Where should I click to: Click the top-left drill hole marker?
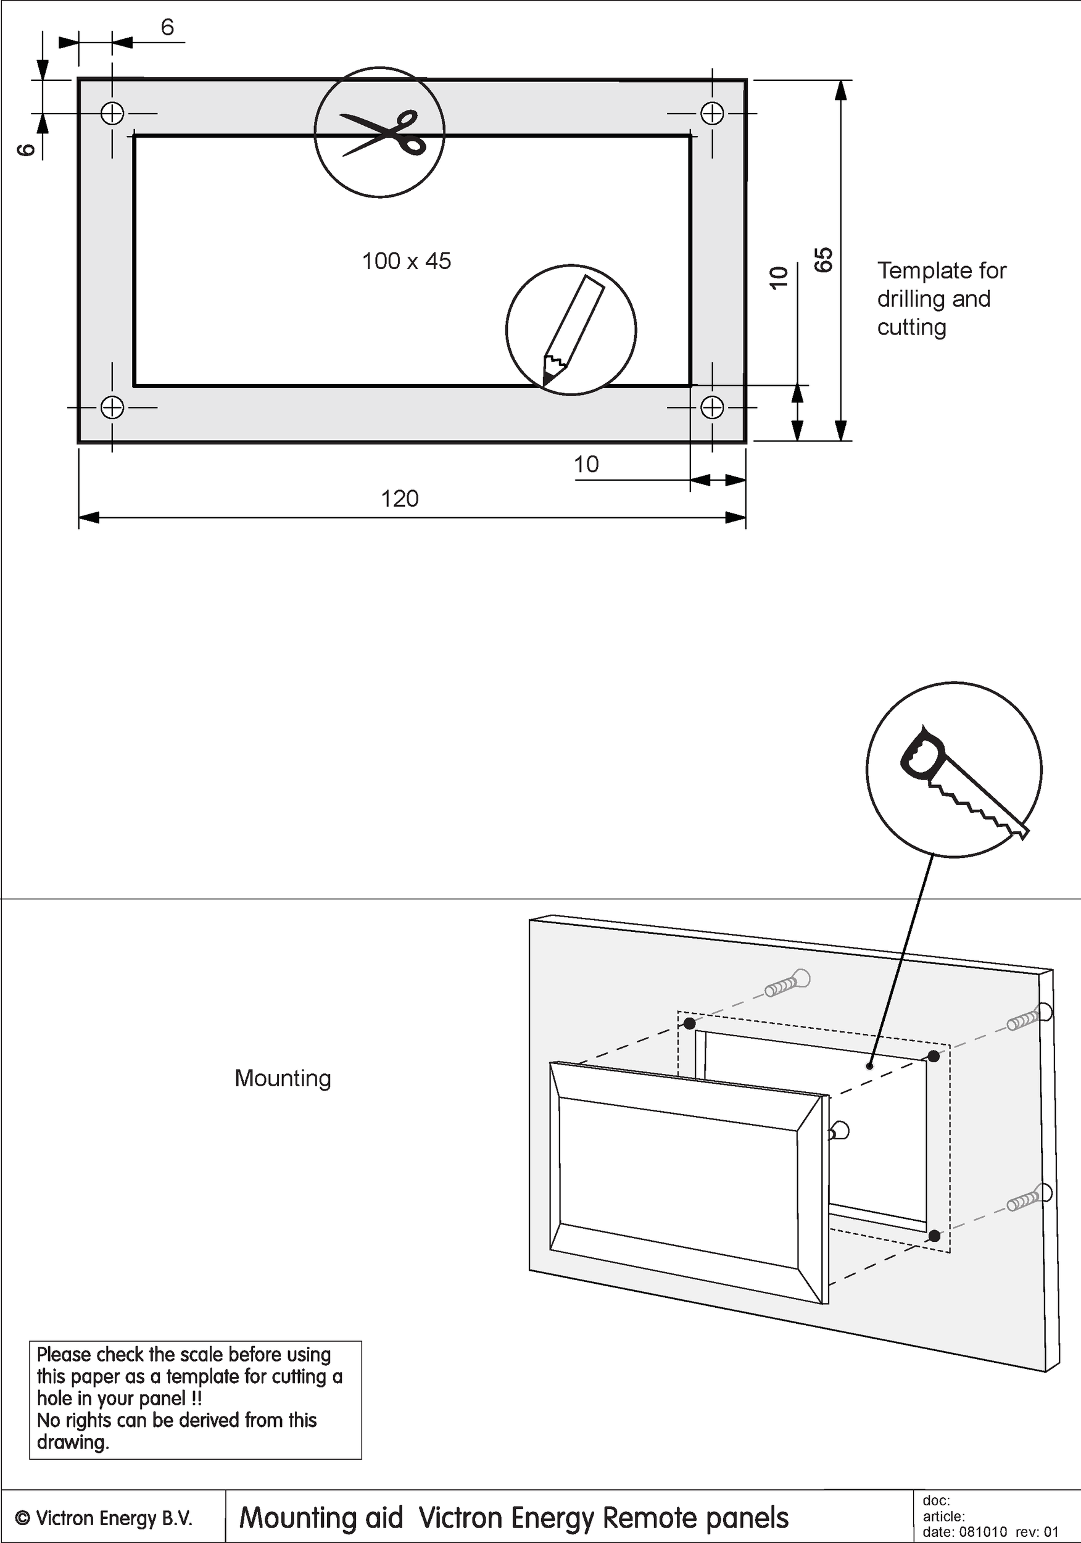(x=112, y=113)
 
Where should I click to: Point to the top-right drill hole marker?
(x=712, y=113)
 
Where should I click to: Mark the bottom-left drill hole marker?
(x=112, y=407)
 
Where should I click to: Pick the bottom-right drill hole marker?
(x=712, y=407)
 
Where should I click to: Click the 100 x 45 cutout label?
(x=407, y=262)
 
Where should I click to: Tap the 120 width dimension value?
(x=400, y=499)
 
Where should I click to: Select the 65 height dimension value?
(x=824, y=260)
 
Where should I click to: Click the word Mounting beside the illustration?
(x=283, y=1079)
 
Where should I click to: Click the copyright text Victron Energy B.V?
(x=105, y=1518)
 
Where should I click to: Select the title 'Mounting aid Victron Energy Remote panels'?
(x=514, y=1518)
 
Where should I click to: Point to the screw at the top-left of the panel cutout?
(x=788, y=985)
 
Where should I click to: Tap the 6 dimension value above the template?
(x=167, y=27)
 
